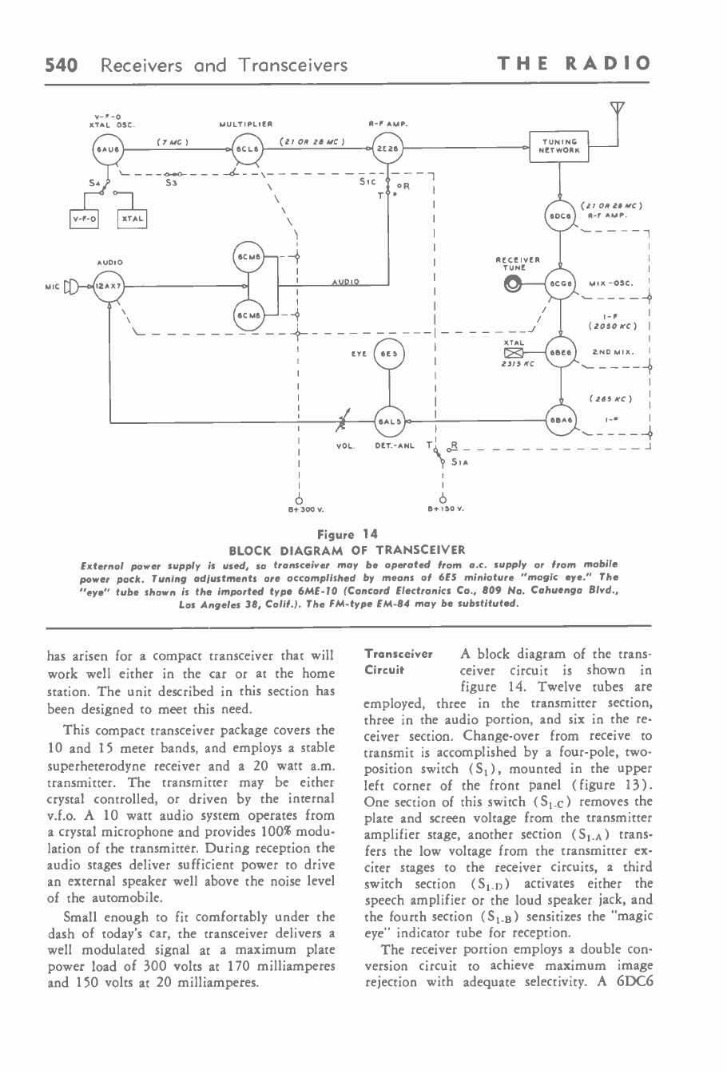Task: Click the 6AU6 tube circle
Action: [x=105, y=149]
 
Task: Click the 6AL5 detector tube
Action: [x=390, y=418]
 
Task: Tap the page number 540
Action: [x=61, y=65]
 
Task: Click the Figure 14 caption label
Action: [x=348, y=534]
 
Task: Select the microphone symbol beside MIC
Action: [x=70, y=285]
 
